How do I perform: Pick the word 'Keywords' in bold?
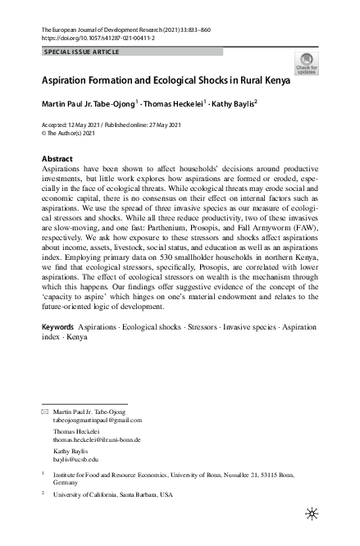pyautogui.click(x=57, y=349)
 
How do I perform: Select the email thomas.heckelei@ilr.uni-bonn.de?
pyautogui.click(x=97, y=439)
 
